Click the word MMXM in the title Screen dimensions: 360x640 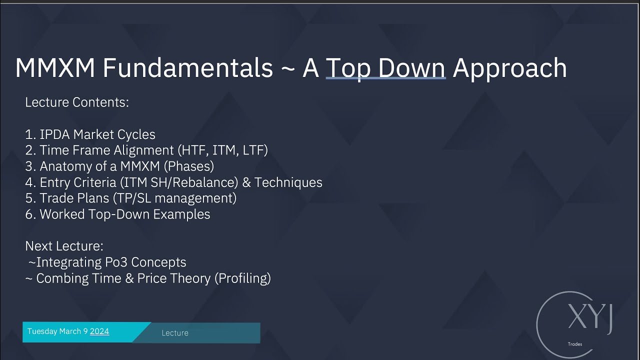tap(55, 68)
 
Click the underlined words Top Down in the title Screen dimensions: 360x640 tap(385, 68)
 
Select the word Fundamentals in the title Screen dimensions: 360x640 tap(187, 68)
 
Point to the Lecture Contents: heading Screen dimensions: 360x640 tap(77, 102)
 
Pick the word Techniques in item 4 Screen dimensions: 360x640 tap(288, 182)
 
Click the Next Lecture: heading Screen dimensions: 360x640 tap(64, 246)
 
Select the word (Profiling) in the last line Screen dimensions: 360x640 tap(242, 278)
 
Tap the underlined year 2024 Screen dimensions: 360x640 tap(99, 331)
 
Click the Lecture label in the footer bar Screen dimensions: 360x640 tap(175, 333)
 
